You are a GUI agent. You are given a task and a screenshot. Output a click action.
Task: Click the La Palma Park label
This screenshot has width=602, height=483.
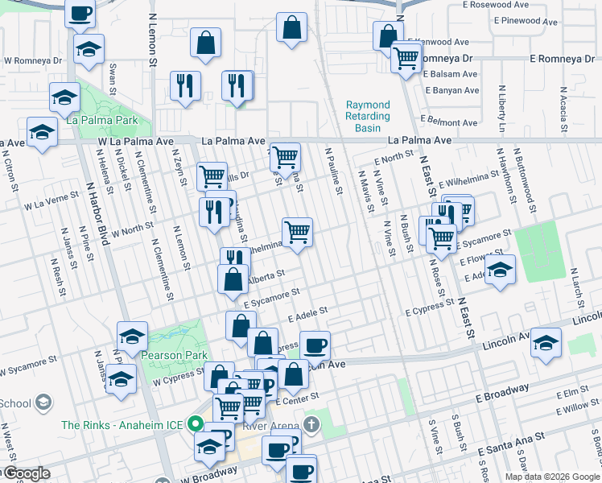(102, 121)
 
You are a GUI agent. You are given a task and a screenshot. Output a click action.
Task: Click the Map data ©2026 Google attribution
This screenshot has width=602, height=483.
(551, 477)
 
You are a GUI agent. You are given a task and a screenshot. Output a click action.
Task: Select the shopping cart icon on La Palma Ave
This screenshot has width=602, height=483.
(285, 157)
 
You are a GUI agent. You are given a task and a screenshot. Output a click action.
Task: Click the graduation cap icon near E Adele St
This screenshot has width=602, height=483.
(500, 270)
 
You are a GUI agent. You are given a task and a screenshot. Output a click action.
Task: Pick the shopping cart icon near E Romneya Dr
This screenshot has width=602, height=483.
(406, 57)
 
